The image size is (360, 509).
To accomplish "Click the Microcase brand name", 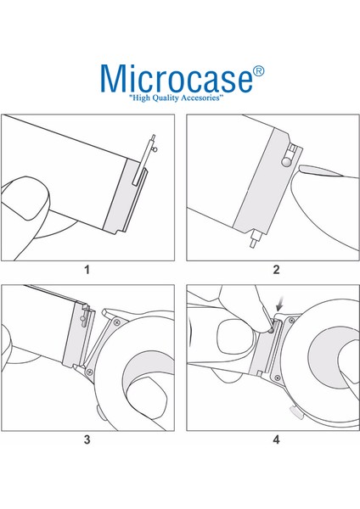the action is coord(177,79).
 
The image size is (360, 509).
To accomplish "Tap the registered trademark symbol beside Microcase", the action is coord(258,71).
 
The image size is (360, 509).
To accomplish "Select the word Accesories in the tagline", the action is coord(200,98).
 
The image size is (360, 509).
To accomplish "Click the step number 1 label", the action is coord(87,270).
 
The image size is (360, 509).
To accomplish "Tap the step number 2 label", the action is coord(276,270).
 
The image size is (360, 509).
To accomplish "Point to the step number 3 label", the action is coord(87,439).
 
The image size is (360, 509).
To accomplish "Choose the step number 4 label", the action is coord(276,439).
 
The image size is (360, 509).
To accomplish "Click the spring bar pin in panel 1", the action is coord(144,159).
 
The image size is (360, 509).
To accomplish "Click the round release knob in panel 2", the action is coord(286,161).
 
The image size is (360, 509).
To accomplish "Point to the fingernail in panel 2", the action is coord(320,171).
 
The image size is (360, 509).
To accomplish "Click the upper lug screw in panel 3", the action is coord(117,322).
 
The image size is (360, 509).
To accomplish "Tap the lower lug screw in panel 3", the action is coord(90,372).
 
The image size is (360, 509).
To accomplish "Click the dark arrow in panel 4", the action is coord(279,305).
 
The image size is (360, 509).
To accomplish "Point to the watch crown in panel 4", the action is coord(296,412).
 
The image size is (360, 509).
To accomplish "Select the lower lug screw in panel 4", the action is coord(277,378).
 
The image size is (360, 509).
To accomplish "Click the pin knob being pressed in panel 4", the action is coord(270,331).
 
